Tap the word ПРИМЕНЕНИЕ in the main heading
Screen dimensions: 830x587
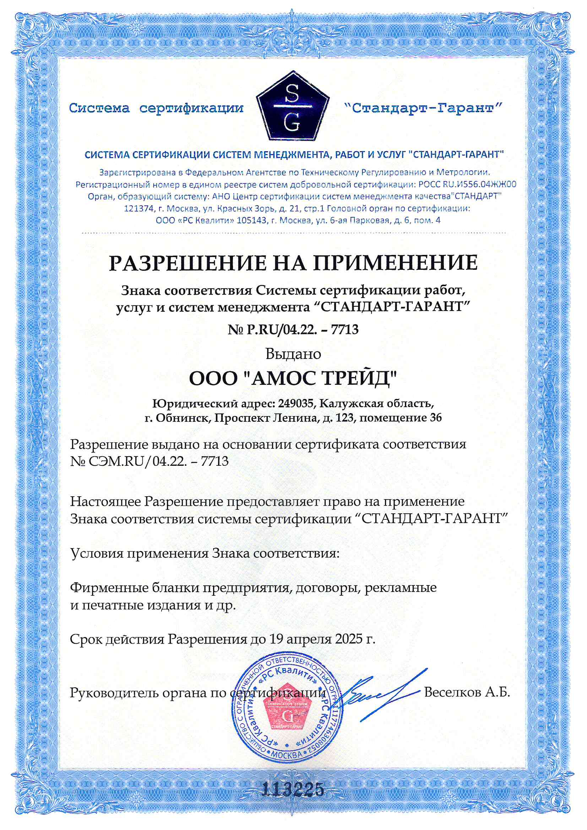(395, 263)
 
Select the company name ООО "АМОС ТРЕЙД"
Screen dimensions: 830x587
(293, 379)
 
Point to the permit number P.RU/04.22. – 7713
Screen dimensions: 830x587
(302, 329)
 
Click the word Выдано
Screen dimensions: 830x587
(293, 354)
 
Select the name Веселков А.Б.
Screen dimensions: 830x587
(467, 692)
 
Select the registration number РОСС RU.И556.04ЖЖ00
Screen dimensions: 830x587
(467, 184)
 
